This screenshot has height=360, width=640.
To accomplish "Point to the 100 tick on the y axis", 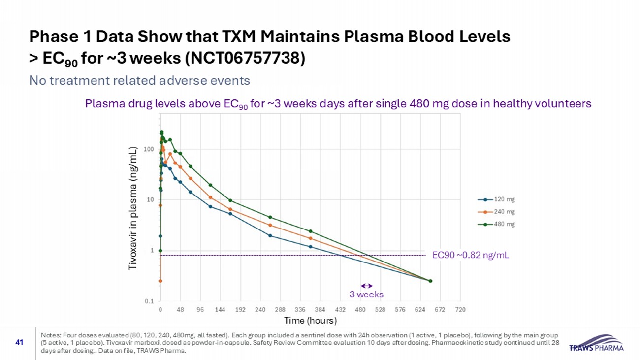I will pyautogui.click(x=149, y=149).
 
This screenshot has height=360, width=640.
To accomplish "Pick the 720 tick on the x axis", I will pyautogui.click(x=460, y=310).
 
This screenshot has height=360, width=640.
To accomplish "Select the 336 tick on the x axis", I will pyautogui.click(x=300, y=310).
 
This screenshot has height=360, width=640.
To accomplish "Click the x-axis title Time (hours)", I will pyautogui.click(x=310, y=321).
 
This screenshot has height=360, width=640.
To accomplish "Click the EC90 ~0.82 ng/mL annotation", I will pyautogui.click(x=470, y=255).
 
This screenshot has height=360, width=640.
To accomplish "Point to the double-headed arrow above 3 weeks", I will pyautogui.click(x=367, y=286).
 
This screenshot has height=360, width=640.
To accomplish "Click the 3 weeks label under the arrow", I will pyautogui.click(x=366, y=295).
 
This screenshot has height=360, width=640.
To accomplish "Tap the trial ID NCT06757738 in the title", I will pyautogui.click(x=246, y=59).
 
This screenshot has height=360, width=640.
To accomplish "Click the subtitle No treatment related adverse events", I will pyautogui.click(x=139, y=80).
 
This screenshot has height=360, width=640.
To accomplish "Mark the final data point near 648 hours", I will pyautogui.click(x=430, y=281).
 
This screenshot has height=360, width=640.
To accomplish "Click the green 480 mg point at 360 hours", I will pyautogui.click(x=310, y=231).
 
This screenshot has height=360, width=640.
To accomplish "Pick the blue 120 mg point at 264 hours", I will pyautogui.click(x=270, y=235).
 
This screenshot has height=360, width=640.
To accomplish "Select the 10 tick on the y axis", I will pyautogui.click(x=151, y=199).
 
